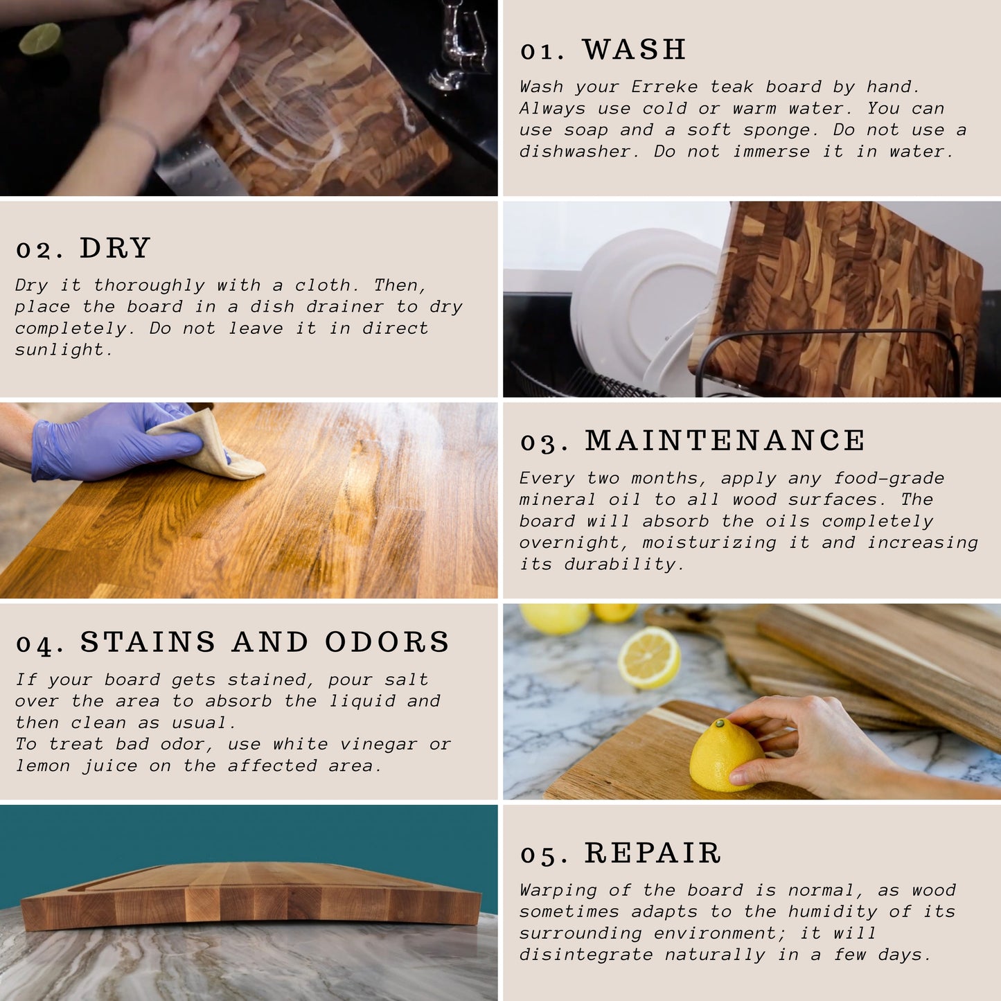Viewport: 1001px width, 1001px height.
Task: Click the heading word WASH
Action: tap(634, 49)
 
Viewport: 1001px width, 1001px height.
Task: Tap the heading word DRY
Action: tap(115, 247)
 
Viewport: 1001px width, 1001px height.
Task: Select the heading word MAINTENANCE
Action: tap(725, 441)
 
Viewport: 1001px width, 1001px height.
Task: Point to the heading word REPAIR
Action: tap(653, 853)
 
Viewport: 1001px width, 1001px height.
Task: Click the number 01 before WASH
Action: tap(542, 51)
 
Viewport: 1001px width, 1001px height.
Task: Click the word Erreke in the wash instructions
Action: tap(664, 87)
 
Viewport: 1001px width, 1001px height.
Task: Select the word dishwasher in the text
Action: tap(579, 151)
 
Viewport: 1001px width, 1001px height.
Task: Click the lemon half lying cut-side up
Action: tap(649, 657)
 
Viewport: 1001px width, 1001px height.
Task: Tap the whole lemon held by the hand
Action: tap(726, 755)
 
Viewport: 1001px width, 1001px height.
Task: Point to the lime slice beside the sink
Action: tap(40, 38)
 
